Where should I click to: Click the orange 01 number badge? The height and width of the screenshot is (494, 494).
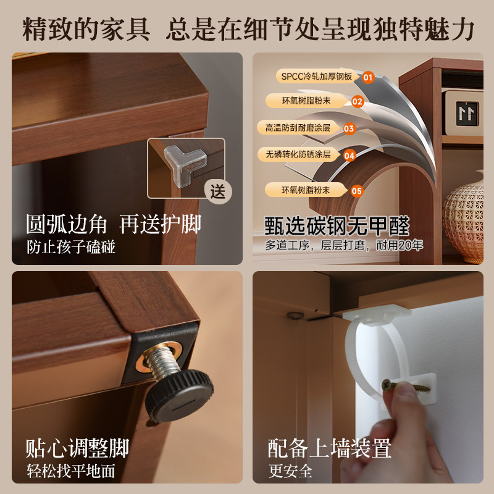pos(368,77)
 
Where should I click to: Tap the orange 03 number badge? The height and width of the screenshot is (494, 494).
pos(350,128)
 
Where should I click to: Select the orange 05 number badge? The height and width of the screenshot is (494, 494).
pos(357,190)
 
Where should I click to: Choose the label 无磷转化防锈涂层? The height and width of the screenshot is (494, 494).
pos(298,154)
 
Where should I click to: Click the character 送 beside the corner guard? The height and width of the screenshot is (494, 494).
pos(218,191)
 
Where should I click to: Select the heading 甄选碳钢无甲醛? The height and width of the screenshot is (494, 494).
pos(337,225)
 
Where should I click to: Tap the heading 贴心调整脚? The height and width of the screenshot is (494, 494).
pos(78,446)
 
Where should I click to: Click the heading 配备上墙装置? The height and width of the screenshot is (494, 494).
pos(330,448)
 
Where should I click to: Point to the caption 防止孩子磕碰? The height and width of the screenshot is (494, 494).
pos(71,247)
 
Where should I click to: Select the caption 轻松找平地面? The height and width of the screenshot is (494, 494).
pos(70,471)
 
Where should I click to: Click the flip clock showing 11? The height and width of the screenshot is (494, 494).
pos(468,112)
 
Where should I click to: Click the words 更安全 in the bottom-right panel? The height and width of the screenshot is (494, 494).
pos(290,471)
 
